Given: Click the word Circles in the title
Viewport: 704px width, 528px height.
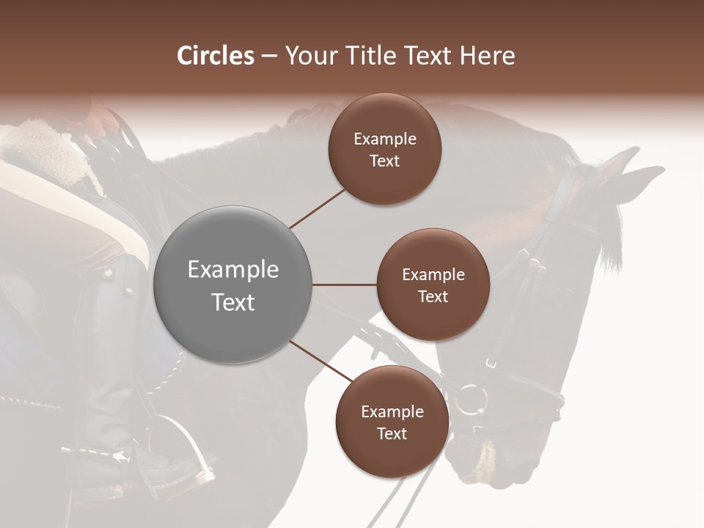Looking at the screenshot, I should (x=216, y=56).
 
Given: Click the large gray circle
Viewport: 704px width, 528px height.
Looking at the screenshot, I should (x=232, y=285).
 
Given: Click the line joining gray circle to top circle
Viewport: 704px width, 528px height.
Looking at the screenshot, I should (x=318, y=208).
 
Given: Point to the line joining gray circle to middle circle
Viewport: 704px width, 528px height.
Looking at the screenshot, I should (x=344, y=285).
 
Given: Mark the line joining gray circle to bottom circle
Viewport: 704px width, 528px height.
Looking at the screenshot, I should (x=320, y=362).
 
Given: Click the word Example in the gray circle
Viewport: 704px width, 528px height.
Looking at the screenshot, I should (x=232, y=270).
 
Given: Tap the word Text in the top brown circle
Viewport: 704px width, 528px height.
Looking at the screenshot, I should (x=385, y=161).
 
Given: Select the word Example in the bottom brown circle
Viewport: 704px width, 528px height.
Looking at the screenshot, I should (x=392, y=412).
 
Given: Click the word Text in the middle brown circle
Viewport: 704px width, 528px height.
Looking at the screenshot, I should (x=433, y=296).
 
